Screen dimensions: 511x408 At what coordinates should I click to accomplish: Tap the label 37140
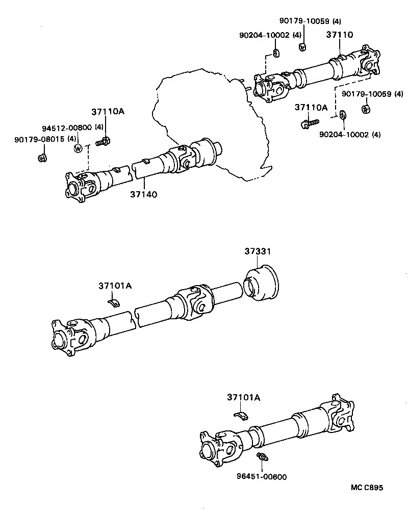(143, 194)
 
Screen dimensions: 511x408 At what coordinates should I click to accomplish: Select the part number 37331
(257, 251)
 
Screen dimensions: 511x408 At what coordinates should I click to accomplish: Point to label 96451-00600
(262, 477)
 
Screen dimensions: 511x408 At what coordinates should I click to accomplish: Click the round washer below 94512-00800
(78, 148)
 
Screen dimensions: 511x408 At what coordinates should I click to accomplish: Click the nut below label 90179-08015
(42, 157)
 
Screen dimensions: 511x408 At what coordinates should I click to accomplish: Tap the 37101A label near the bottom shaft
(243, 397)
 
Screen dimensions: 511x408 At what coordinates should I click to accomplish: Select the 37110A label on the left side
(108, 112)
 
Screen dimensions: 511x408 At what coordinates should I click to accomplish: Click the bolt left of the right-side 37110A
(308, 122)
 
